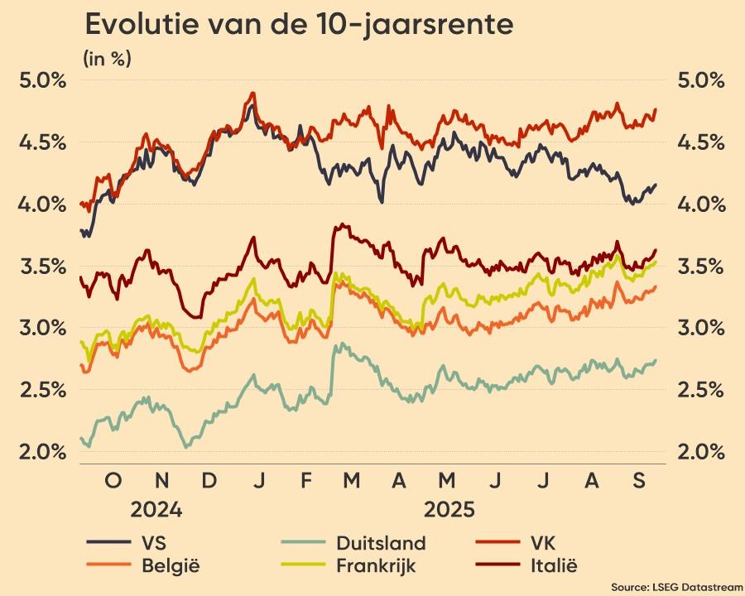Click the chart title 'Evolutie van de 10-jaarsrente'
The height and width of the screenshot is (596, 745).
[299, 25]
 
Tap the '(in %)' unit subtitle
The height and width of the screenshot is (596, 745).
[107, 59]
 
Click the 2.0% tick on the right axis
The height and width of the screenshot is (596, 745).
[701, 452]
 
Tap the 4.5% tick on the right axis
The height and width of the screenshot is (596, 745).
[701, 142]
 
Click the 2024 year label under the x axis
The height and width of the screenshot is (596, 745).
[156, 509]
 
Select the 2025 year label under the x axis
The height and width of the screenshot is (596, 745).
[448, 509]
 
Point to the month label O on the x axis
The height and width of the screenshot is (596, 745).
[113, 481]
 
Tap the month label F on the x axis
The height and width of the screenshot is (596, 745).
[307, 481]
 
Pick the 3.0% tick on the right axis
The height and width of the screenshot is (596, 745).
[701, 329]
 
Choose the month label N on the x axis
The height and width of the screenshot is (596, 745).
[162, 481]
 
